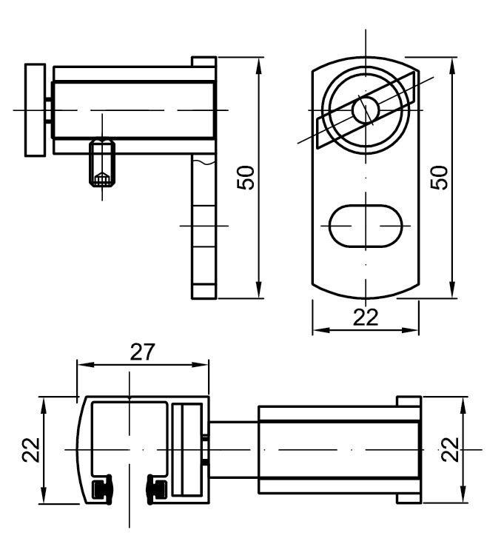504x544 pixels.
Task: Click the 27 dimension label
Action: pos(143,352)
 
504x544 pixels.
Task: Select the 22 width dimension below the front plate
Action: pos(366,317)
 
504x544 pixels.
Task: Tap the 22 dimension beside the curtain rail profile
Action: pos(31,450)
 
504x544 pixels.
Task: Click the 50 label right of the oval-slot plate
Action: pos(439,178)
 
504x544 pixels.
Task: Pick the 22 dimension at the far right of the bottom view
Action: pos(450,449)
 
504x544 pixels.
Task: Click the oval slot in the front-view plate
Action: pos(366,226)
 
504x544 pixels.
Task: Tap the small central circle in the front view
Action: pos(366,110)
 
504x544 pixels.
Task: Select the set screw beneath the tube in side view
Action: pos(102,163)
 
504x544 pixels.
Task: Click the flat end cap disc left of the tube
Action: pos(35,110)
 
